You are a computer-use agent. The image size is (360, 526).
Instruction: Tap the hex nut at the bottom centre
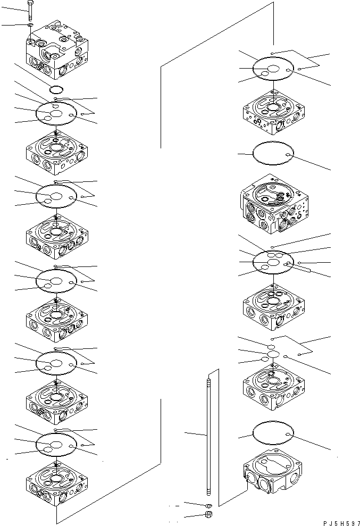(x=208, y=515)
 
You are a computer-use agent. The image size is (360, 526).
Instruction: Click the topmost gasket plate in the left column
(x=56, y=113)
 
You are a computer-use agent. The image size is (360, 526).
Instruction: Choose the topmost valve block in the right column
(x=273, y=114)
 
